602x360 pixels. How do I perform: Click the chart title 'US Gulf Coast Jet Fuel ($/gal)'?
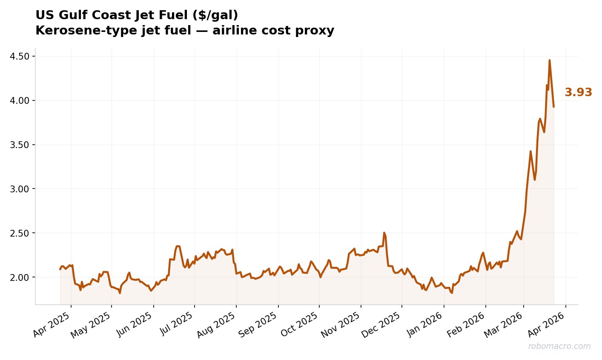(137, 15)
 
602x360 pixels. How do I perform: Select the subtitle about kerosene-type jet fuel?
(185, 31)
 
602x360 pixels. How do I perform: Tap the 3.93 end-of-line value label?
(578, 92)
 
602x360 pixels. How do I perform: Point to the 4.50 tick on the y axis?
(21, 57)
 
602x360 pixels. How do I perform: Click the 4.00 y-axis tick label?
(21, 101)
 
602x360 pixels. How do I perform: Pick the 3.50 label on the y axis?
(21, 145)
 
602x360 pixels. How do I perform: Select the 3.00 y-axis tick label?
(21, 189)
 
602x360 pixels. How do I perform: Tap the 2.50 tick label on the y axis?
(21, 233)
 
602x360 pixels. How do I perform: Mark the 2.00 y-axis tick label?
(21, 277)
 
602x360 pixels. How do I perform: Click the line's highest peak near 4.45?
(549, 60)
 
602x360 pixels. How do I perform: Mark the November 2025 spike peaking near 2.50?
(384, 233)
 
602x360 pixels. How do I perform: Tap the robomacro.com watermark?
(559, 346)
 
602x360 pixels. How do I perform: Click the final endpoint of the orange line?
(553, 106)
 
